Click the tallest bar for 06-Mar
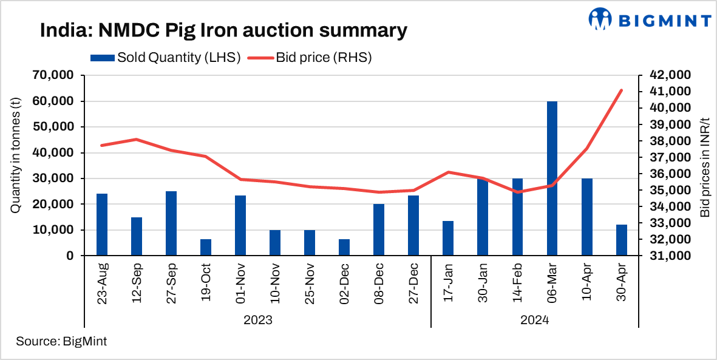[552, 178]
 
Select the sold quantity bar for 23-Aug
[102, 225]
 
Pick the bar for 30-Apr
[621, 240]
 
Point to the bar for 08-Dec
[379, 230]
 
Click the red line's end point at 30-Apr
[621, 90]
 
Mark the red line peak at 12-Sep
[137, 140]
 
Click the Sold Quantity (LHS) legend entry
[166, 58]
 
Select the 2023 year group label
[257, 319]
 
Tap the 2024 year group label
[534, 319]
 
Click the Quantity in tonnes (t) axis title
[16, 165]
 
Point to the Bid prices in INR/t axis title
[704, 165]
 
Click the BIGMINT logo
[649, 19]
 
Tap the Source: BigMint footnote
[61, 341]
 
